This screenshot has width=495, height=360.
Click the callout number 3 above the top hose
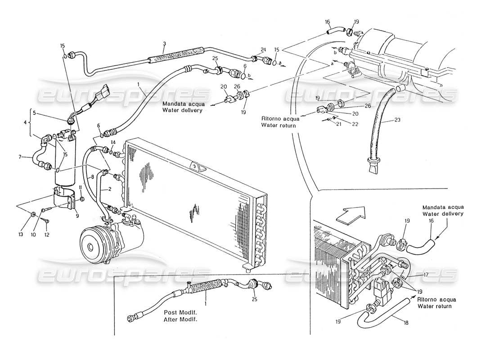(164, 44)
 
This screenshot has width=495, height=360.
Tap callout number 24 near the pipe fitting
(263, 49)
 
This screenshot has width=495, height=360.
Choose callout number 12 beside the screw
(47, 221)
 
